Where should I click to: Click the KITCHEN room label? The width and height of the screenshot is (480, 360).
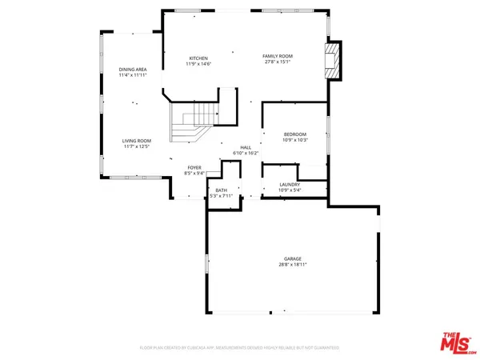(x=198, y=58)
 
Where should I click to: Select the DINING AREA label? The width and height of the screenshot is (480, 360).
(x=133, y=70)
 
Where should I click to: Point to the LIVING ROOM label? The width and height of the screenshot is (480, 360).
(x=137, y=141)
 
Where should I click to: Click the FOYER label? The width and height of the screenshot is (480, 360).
(x=194, y=167)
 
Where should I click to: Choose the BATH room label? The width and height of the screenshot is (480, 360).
(x=221, y=190)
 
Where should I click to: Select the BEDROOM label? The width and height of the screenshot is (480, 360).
(x=294, y=134)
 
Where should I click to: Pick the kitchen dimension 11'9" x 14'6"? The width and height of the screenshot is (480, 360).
(x=198, y=63)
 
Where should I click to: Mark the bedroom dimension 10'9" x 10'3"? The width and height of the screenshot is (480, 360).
(x=294, y=140)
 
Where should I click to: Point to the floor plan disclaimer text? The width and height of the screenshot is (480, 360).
(x=240, y=348)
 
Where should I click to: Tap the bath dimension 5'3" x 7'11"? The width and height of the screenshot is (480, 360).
(x=221, y=196)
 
